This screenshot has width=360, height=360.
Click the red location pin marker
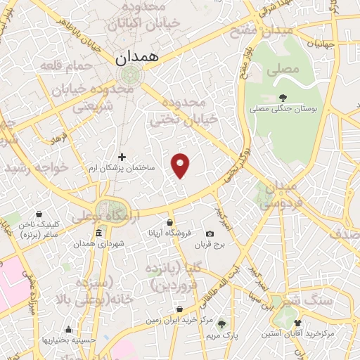click(181, 165)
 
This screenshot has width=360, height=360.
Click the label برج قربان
click(209, 245)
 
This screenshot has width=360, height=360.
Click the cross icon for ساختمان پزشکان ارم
click(122, 156)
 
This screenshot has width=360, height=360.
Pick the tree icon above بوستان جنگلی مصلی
click(283, 97)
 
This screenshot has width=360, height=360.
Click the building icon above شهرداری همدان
click(98, 233)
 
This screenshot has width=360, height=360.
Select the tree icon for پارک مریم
click(222, 324)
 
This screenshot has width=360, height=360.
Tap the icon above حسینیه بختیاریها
click(68, 329)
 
